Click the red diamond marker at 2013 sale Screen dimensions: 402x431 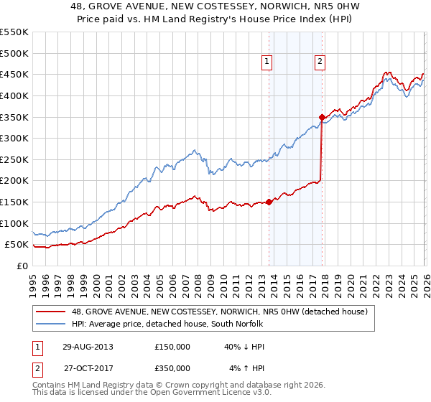pos(269,202)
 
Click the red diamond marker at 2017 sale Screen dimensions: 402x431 pos(322,117)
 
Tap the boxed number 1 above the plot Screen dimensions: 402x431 pos(267,62)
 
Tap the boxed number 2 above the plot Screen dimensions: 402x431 pos(319,62)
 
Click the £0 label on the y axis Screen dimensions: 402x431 pos(22,266)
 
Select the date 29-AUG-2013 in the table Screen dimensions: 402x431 pos(88,346)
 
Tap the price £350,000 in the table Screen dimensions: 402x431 pos(172,368)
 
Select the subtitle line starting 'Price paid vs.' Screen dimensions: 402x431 pos(215,20)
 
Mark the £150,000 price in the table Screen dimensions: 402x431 pos(172,346)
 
